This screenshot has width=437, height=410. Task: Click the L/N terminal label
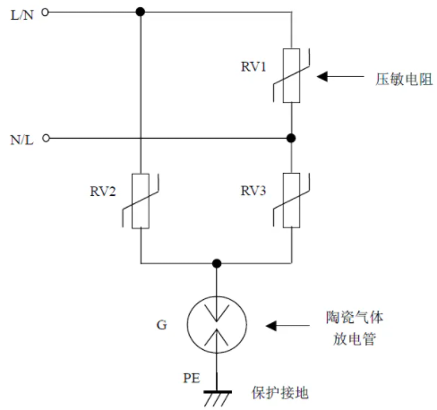pos(21,15)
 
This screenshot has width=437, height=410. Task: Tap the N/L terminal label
pos(21,140)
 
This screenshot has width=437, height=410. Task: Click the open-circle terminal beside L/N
pos(45,13)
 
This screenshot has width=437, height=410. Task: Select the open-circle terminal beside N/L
pos(46,138)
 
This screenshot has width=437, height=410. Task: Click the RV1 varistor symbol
pos(292,75)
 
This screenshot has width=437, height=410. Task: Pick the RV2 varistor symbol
pos(141,201)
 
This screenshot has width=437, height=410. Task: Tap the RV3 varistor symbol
pos(292,201)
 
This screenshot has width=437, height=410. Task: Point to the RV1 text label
pos(253,66)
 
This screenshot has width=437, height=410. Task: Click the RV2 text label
pos(103,192)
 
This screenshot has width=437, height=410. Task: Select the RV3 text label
pos(253,191)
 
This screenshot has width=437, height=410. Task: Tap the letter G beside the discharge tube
pos(161,325)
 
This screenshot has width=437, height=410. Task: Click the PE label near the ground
pos(192,378)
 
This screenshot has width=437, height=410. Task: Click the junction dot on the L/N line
pos(141,12)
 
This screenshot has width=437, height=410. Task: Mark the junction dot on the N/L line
pos(291,138)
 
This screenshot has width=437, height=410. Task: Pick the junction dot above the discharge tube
pos(217,263)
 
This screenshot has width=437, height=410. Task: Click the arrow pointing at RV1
pos(340,77)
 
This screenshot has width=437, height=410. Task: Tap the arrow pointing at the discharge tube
pos(287,326)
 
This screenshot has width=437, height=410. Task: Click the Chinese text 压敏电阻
pos(404,80)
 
